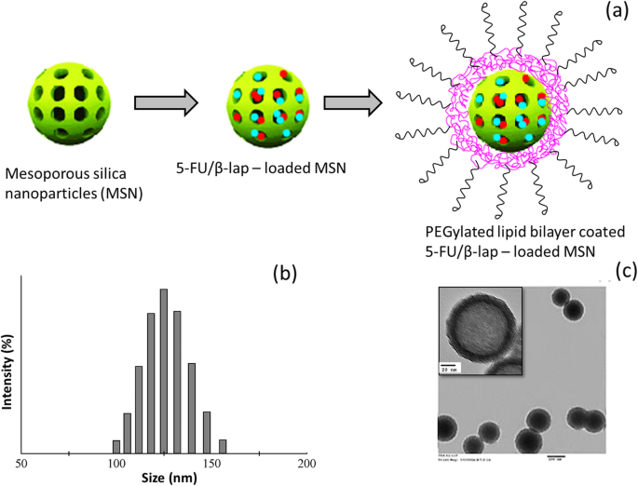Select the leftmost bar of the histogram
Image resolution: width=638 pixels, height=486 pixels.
116,447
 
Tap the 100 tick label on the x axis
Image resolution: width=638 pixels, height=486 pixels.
116,463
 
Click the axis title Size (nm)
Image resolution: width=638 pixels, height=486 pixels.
164,478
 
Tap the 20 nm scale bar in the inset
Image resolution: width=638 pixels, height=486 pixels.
449,366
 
